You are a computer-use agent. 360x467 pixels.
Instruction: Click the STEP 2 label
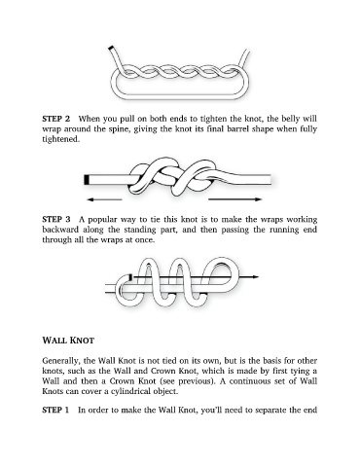click(55, 119)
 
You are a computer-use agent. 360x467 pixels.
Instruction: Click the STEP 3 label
click(55, 220)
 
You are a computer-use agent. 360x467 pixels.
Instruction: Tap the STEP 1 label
click(55, 410)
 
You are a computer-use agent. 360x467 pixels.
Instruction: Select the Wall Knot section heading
click(68, 341)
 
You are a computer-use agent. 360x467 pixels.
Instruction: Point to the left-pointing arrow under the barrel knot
click(104, 199)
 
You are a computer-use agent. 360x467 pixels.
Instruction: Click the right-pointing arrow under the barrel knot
click(234, 199)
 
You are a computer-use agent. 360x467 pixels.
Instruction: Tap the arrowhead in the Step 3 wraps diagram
click(256, 277)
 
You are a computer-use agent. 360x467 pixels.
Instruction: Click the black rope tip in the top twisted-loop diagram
click(111, 48)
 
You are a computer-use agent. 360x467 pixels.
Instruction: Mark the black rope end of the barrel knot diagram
click(87, 180)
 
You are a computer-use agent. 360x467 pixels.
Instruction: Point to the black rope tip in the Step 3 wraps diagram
click(130, 277)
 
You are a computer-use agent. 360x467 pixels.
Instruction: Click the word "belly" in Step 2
click(290, 119)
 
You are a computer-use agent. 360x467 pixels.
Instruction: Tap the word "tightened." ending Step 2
click(61, 139)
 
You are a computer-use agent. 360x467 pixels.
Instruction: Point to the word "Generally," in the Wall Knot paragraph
click(61, 361)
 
